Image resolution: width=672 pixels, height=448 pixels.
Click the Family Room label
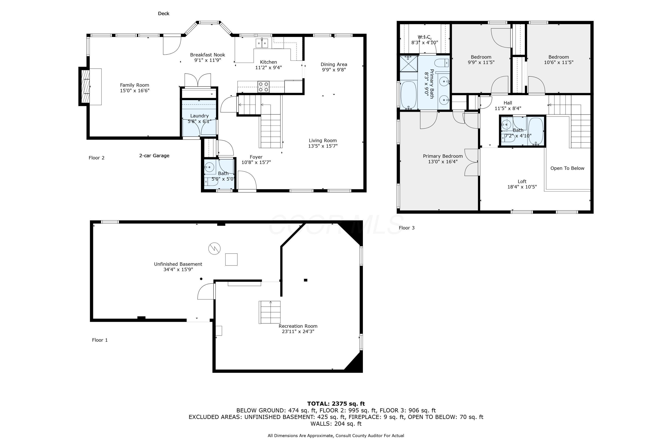pyautogui.click(x=134, y=85)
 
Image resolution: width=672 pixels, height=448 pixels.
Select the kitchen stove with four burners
pyautogui.click(x=263, y=87)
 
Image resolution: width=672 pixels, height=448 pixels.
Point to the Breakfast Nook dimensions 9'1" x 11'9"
pyautogui.click(x=207, y=60)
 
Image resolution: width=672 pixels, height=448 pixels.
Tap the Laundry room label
pyautogui.click(x=199, y=116)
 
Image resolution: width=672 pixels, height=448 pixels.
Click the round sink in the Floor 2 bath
pyautogui.click(x=209, y=167)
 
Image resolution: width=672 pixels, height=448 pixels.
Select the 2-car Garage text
pyautogui.click(x=154, y=156)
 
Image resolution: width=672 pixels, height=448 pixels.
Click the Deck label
pyautogui.click(x=164, y=13)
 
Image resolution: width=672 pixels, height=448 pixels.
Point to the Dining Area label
pyautogui.click(x=334, y=64)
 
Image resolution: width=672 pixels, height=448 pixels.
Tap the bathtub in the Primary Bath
pyautogui.click(x=408, y=95)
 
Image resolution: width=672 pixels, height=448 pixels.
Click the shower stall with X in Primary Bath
pyautogui.click(x=408, y=64)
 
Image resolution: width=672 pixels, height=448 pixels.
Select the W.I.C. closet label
pyautogui.click(x=424, y=37)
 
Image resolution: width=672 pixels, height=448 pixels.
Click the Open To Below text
pyautogui.click(x=567, y=168)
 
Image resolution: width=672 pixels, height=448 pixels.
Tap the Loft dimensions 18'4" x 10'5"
pyautogui.click(x=522, y=187)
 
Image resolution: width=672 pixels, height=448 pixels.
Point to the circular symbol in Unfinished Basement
pyautogui.click(x=214, y=249)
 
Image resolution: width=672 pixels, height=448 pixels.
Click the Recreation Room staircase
pyautogui.click(x=269, y=312)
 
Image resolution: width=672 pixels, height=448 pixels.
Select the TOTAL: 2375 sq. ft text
pyautogui.click(x=336, y=404)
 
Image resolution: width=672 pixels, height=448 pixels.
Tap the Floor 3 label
pyautogui.click(x=406, y=228)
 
